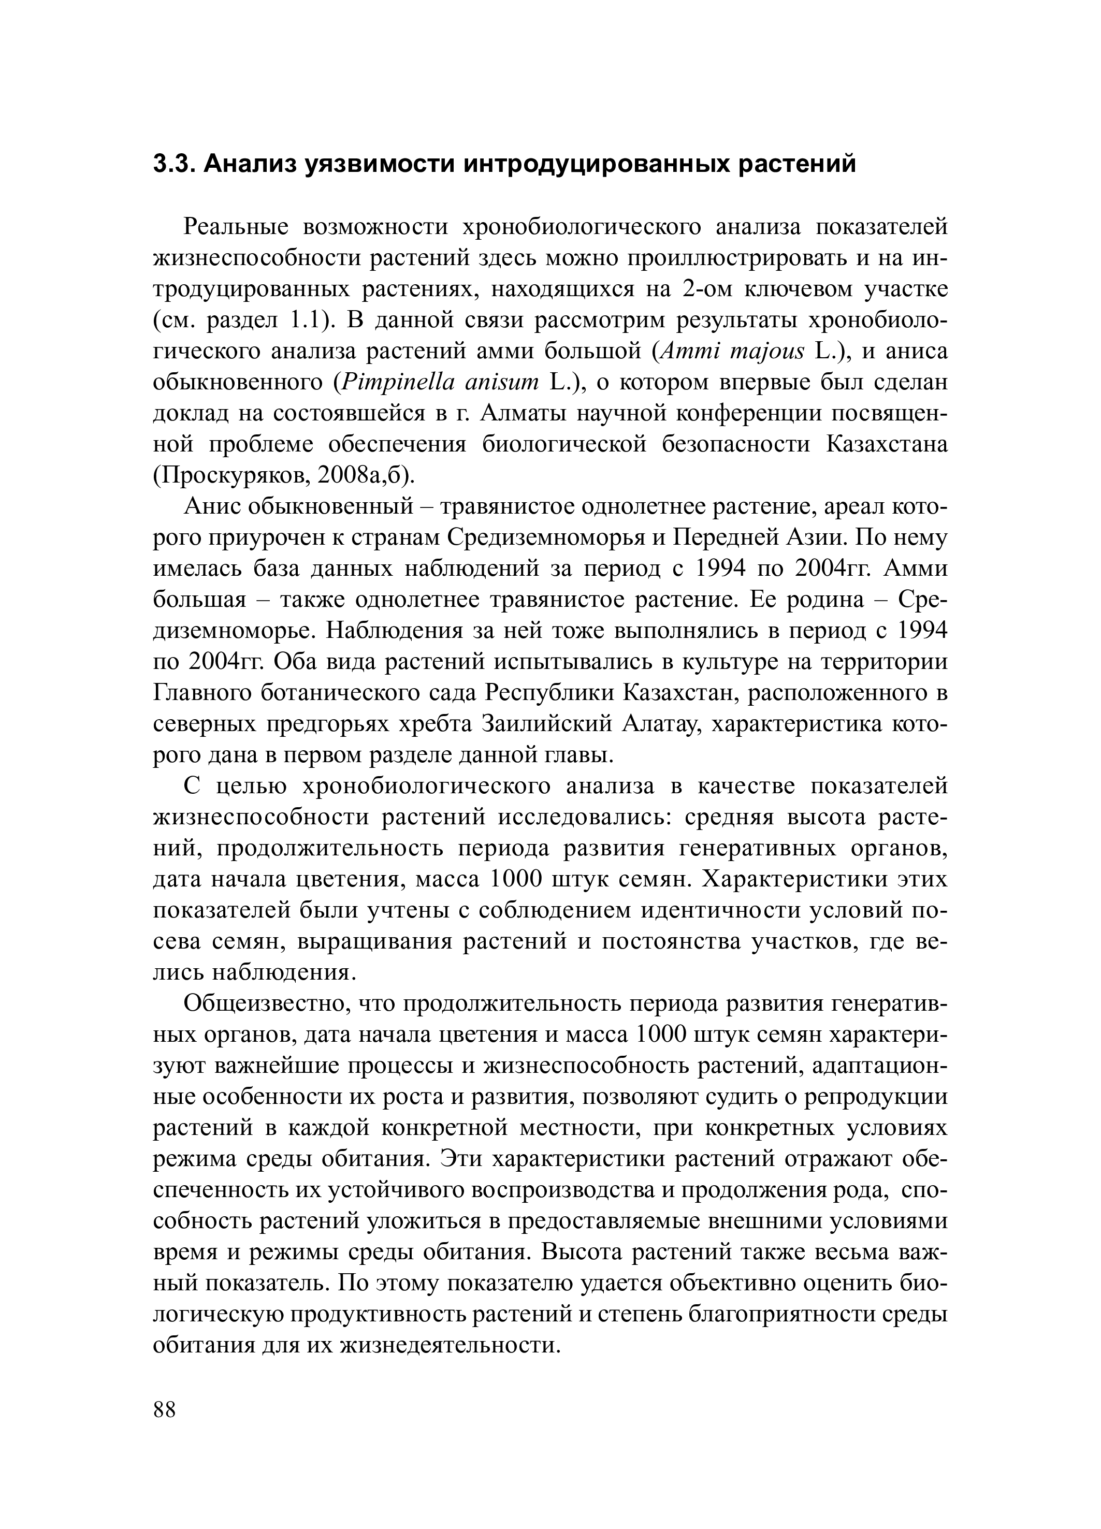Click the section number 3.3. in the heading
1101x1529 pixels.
(173, 163)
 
